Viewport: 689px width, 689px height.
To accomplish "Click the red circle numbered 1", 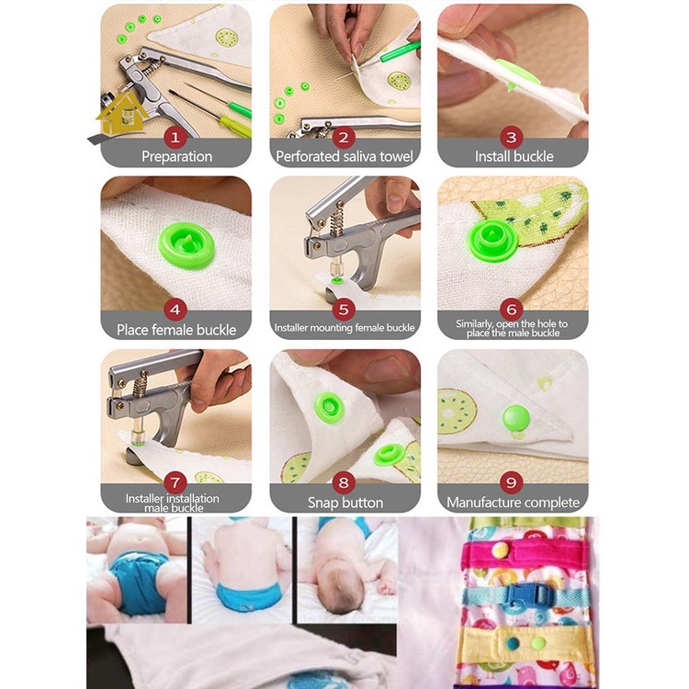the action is (175, 138).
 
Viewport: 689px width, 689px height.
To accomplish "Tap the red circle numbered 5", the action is (344, 310).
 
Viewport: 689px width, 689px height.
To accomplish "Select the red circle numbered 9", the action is (512, 482).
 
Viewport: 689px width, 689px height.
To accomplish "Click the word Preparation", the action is (176, 156).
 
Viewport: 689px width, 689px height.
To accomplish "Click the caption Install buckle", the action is (514, 156).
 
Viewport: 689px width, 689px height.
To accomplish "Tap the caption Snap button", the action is (345, 503).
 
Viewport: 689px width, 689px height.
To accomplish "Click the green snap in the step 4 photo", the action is (186, 245).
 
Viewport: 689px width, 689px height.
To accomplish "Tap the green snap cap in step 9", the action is (516, 418).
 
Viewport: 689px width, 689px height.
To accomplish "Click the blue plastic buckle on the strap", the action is (529, 595).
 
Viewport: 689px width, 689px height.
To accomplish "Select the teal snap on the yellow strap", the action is (513, 643).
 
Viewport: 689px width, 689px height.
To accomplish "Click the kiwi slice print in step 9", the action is (457, 412).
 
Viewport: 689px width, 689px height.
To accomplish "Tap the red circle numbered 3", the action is (512, 138).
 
